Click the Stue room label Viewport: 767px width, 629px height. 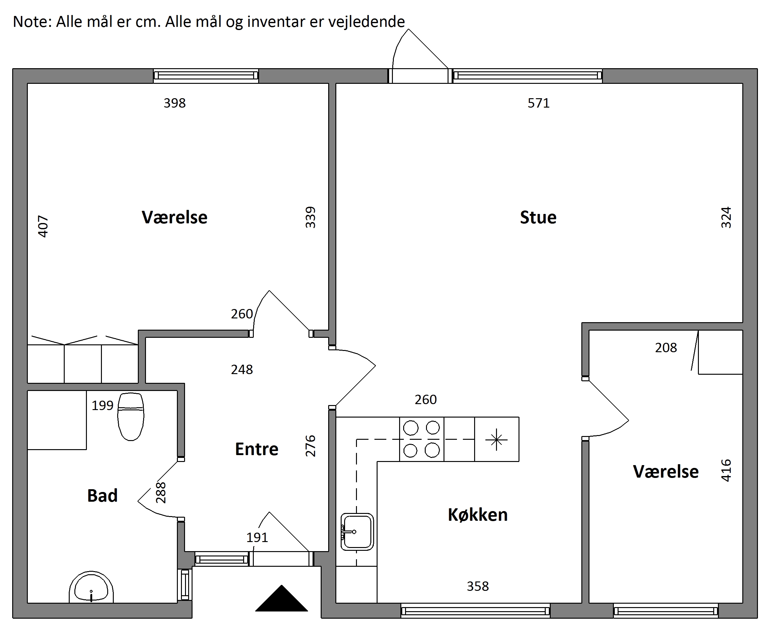[538, 217]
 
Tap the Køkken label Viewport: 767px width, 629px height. [478, 515]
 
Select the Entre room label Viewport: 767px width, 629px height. [257, 449]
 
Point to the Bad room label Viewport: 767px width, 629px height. [103, 495]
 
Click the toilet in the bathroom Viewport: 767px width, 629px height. [131, 416]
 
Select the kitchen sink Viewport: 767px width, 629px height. [357, 531]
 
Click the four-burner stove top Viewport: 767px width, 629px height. [422, 439]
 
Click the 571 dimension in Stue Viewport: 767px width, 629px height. [538, 103]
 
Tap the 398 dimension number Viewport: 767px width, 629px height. [174, 103]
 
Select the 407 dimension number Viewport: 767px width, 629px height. [43, 226]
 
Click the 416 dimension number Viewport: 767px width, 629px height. [726, 470]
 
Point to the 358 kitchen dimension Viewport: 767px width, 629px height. [478, 586]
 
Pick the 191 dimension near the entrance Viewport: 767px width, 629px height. [257, 537]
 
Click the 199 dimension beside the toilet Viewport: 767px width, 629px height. [103, 405]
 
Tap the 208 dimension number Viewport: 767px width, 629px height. [666, 348]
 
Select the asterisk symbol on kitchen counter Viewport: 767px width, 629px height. [497, 439]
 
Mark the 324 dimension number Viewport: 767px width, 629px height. [726, 217]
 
